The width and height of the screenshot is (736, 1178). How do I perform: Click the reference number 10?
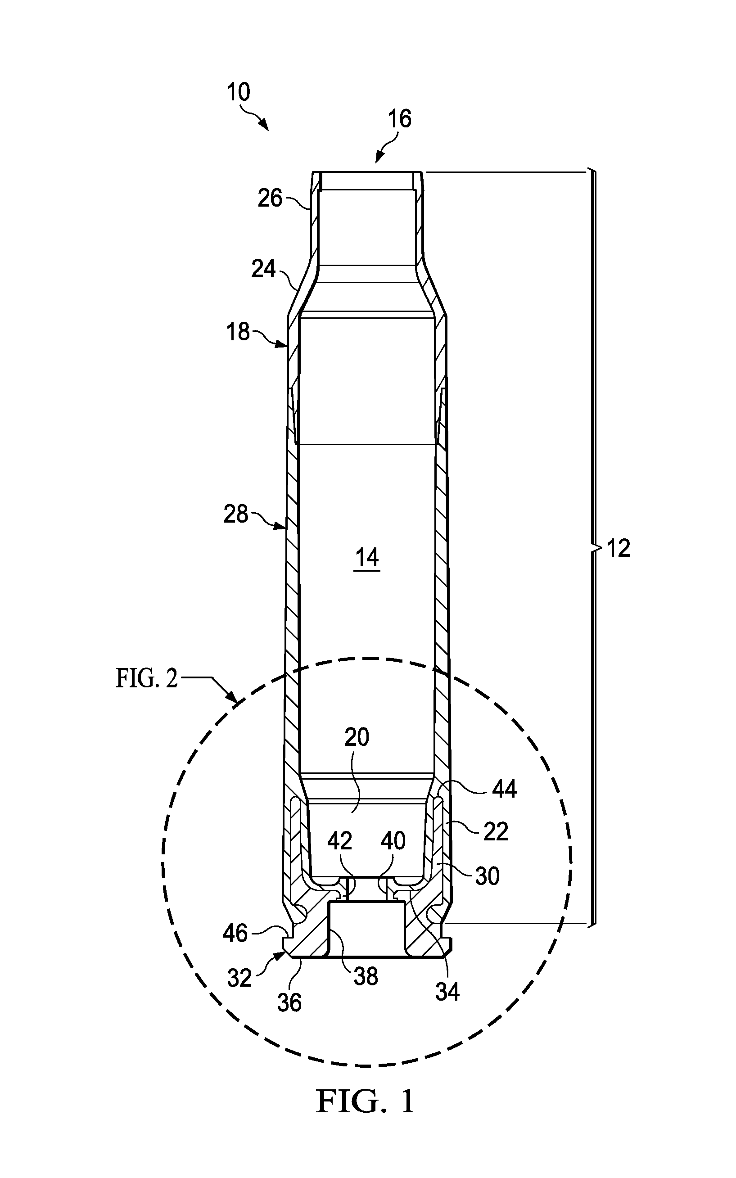[239, 92]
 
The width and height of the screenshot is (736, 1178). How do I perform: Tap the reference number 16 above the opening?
[400, 119]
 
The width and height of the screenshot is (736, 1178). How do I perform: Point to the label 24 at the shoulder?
[263, 269]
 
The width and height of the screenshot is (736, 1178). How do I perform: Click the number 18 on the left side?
[238, 332]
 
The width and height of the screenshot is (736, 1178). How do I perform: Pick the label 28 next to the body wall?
[236, 514]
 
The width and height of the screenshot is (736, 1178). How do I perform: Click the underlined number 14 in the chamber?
[366, 558]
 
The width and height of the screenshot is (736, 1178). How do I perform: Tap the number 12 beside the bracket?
[618, 549]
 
